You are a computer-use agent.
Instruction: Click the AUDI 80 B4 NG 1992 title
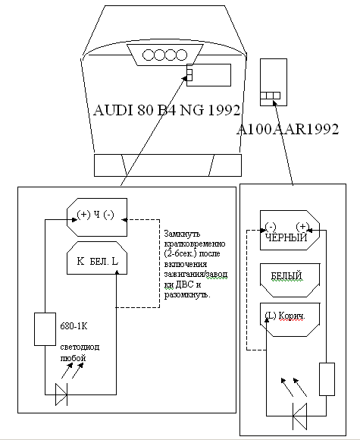point(167,110)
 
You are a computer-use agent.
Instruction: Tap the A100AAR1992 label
point(288,130)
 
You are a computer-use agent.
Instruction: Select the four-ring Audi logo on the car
point(164,55)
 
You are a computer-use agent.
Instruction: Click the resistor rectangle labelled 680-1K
point(45,329)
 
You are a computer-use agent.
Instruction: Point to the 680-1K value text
point(74,326)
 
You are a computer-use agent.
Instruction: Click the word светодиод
point(80,347)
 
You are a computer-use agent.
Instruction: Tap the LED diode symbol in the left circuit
point(61,394)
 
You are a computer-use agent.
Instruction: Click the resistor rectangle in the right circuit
point(327,379)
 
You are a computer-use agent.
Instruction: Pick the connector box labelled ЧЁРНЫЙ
point(290,230)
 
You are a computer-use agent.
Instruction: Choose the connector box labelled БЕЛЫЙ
point(290,280)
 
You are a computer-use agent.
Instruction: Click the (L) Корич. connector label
point(285,316)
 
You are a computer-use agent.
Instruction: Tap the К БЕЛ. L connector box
point(97,258)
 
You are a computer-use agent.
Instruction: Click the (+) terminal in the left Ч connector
point(83,215)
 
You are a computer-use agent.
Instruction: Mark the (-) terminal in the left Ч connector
point(109,215)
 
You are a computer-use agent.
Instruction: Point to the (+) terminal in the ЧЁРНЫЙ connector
point(302,226)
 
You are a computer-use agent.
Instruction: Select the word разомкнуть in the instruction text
point(187,295)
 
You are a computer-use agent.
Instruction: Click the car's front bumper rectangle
point(167,165)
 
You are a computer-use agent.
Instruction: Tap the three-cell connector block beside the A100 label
point(270,96)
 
